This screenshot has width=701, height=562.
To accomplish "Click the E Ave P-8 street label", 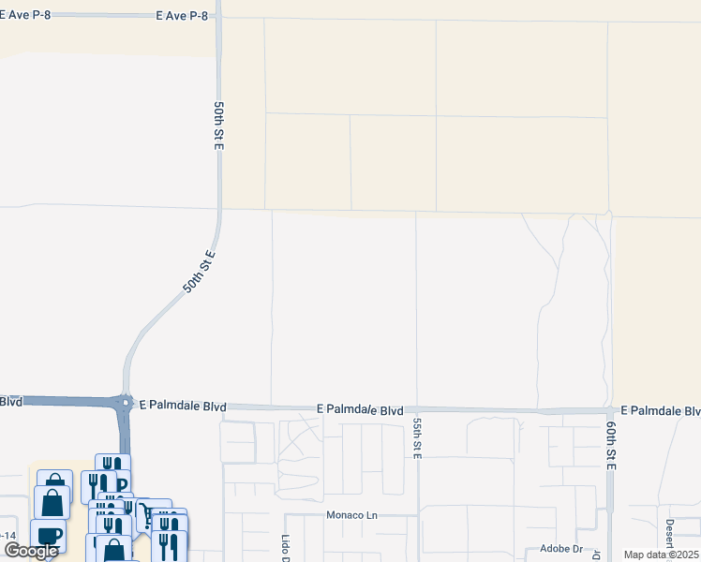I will (186, 16).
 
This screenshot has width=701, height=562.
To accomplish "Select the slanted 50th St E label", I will (199, 272).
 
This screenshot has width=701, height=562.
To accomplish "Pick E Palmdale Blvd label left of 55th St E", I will (360, 410).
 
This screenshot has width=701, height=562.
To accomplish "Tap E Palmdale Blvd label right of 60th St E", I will (660, 411).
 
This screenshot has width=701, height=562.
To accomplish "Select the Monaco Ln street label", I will (350, 515).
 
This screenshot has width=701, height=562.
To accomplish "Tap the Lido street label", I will (286, 548).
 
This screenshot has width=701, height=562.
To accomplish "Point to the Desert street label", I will (670, 539).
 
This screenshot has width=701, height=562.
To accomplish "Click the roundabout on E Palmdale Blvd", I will (126, 403).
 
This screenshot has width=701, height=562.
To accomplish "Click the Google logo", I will (31, 551).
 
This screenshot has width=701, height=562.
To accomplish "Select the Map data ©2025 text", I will (661, 555).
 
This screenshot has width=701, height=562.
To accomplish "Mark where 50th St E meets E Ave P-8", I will (218, 17).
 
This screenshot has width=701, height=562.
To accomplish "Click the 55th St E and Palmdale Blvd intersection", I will (417, 409).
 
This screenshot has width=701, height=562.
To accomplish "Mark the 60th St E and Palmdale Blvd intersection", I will (611, 410).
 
